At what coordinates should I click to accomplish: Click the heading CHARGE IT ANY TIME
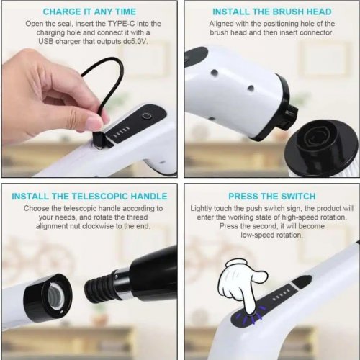[x=89, y=12]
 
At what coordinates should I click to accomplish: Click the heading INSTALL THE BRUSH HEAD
[x=272, y=12]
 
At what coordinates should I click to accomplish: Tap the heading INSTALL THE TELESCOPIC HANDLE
[x=89, y=197]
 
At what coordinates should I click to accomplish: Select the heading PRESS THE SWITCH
[x=272, y=197]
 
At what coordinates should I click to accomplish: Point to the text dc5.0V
[x=135, y=41]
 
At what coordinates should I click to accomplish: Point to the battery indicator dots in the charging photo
[x=122, y=132]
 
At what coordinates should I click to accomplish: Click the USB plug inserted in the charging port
[x=99, y=138]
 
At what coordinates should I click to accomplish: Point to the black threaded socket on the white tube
[x=48, y=297]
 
